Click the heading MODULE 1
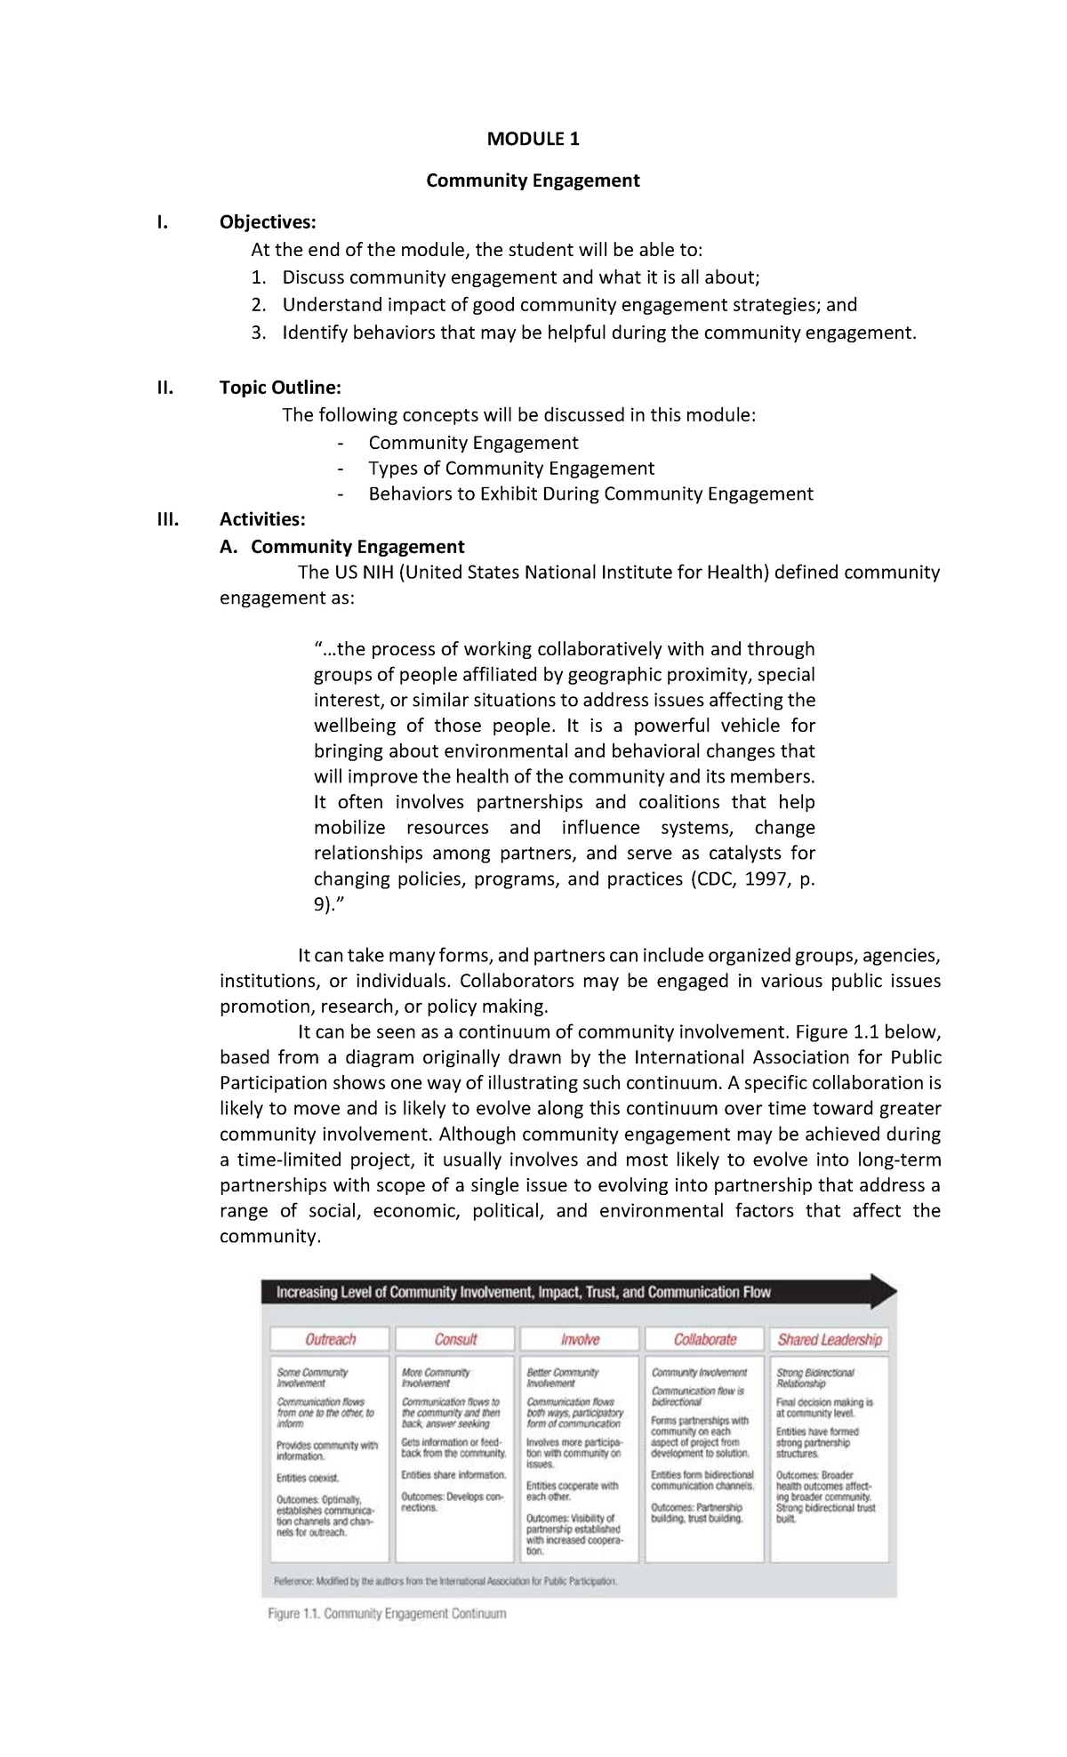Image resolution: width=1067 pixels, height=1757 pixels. (x=533, y=139)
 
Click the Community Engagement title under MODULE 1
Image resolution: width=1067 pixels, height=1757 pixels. (x=533, y=181)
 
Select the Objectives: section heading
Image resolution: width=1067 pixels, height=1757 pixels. (x=268, y=221)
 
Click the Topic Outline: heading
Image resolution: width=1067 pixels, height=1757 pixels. (x=280, y=388)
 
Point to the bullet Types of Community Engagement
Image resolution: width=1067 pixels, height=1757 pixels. (x=511, y=469)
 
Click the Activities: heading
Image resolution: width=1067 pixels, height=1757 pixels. (x=262, y=519)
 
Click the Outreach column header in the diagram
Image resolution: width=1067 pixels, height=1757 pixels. (x=330, y=1339)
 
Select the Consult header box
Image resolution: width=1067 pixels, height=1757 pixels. (x=455, y=1339)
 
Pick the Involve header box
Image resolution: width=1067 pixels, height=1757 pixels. (x=580, y=1339)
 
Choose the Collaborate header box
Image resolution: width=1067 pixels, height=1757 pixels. (x=704, y=1339)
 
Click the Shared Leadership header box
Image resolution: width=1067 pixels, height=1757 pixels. (x=830, y=1339)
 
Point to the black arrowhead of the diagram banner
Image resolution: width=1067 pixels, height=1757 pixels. (x=882, y=1292)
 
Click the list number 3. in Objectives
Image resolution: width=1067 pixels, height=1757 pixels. (x=258, y=333)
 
